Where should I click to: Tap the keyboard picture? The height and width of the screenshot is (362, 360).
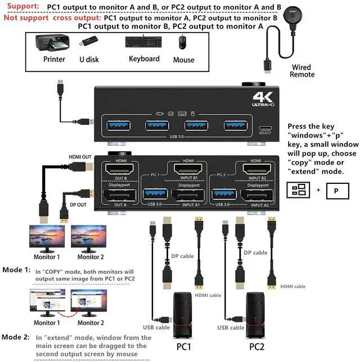tap(143, 43)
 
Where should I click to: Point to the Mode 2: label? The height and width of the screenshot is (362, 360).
tap(16, 337)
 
